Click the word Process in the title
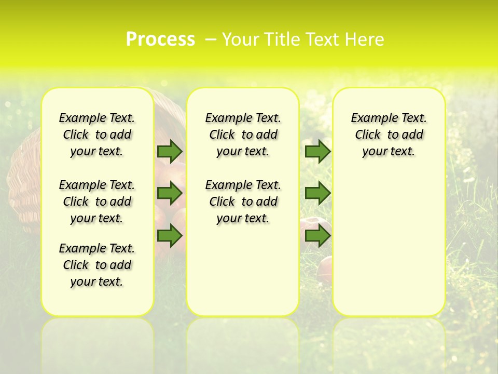[160, 39]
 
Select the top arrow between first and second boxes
[170, 151]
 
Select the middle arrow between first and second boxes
[170, 193]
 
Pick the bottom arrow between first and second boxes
[170, 236]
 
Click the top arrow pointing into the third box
[317, 151]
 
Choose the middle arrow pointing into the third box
[317, 193]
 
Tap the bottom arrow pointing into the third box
[317, 236]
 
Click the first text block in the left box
[97, 135]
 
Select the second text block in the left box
[97, 202]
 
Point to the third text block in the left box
[97, 265]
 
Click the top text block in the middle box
[243, 135]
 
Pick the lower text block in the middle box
[243, 202]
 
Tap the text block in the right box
[389, 135]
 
